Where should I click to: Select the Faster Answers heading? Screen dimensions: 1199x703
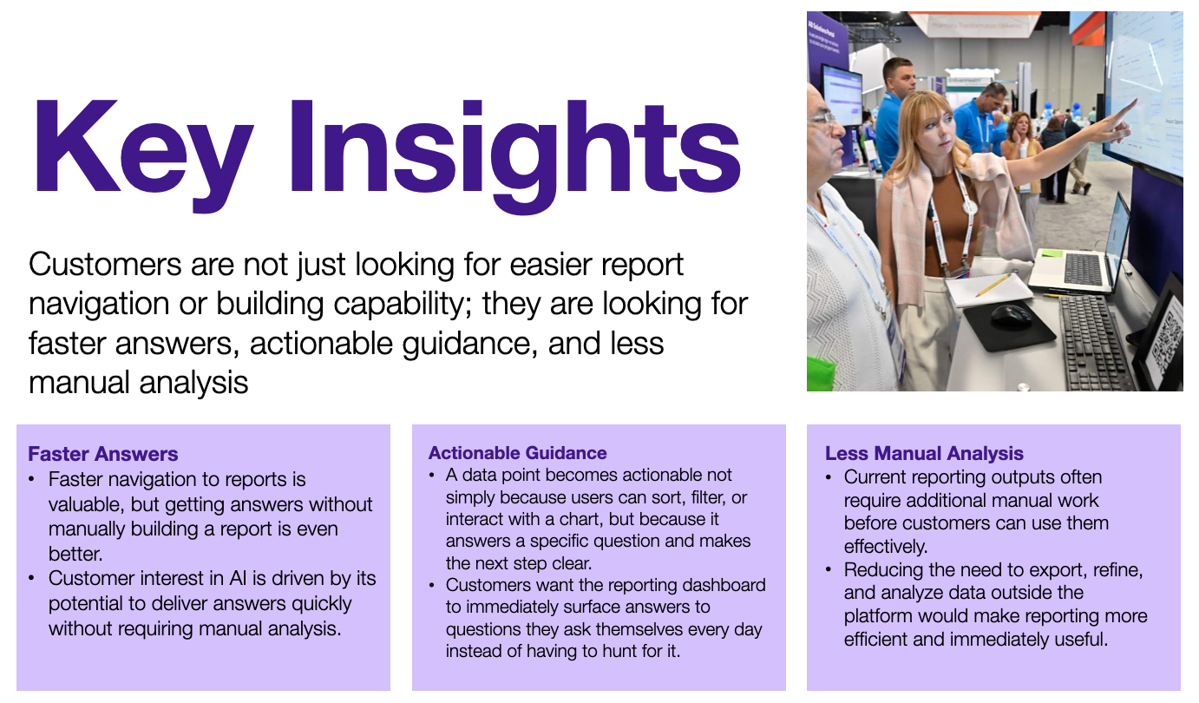click(102, 454)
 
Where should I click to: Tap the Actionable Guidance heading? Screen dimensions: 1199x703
click(518, 453)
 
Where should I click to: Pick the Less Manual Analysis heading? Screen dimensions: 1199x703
click(924, 454)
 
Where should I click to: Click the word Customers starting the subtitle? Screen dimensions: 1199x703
click(105, 265)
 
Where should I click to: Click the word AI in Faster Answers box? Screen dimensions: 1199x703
click(238, 578)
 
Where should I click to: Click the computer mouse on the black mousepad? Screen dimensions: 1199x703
click(1011, 315)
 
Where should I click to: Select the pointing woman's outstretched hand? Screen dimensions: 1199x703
click(1118, 121)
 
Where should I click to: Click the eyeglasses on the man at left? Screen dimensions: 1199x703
click(822, 119)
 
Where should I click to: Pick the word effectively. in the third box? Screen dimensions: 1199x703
click(885, 547)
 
